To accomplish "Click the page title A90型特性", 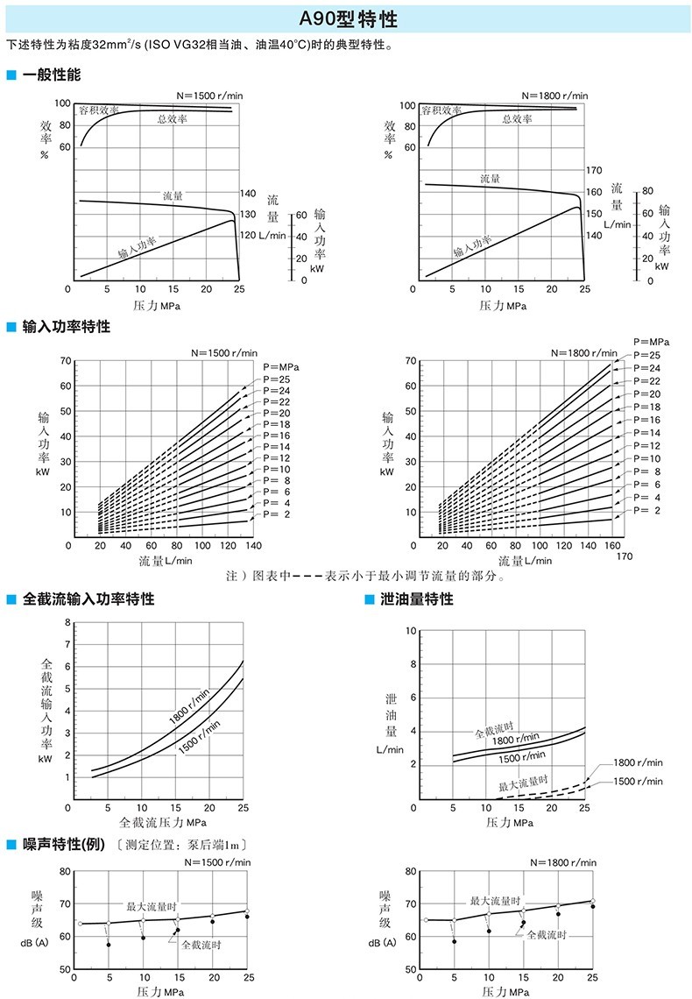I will click(x=346, y=17).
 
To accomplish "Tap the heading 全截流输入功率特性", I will click(x=88, y=599).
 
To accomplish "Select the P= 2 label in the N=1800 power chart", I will click(x=646, y=509).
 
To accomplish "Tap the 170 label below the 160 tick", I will click(x=624, y=556).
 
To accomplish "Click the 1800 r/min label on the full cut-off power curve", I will click(x=189, y=707).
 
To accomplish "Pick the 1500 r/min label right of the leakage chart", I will click(x=638, y=781).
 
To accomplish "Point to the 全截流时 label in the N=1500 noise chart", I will click(x=201, y=945).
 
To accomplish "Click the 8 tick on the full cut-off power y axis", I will click(x=67, y=622).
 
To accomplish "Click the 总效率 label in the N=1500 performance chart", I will click(x=172, y=119).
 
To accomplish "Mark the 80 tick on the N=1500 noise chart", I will click(x=64, y=872).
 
